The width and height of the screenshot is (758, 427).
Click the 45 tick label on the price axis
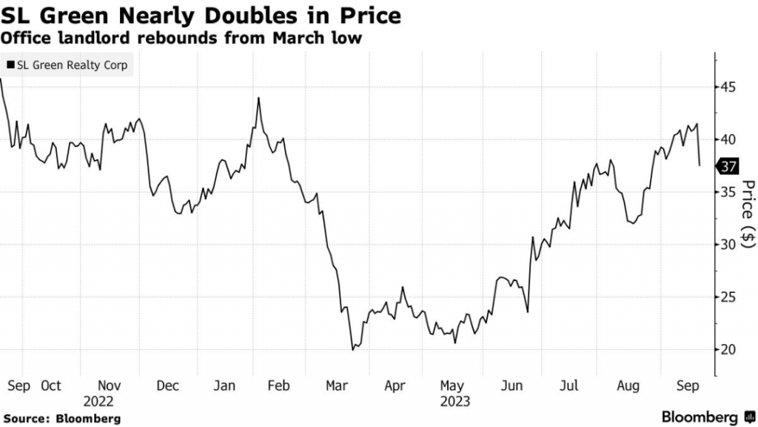[728, 87]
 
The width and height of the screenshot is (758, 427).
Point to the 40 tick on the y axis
[728, 139]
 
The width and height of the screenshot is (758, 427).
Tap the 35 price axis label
[728, 192]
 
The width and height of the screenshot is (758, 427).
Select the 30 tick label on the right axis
[728, 245]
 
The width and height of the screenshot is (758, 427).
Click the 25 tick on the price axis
[728, 297]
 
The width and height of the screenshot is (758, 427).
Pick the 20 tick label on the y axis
[728, 350]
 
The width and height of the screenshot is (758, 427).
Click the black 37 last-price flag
[728, 166]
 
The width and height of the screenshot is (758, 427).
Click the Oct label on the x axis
[51, 385]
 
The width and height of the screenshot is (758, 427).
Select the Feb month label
[278, 385]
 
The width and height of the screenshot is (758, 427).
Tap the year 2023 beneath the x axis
[454, 401]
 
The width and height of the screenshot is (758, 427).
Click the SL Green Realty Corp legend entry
[67, 65]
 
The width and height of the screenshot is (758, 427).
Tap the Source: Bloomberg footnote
[61, 417]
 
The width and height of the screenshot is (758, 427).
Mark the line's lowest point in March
[353, 349]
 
